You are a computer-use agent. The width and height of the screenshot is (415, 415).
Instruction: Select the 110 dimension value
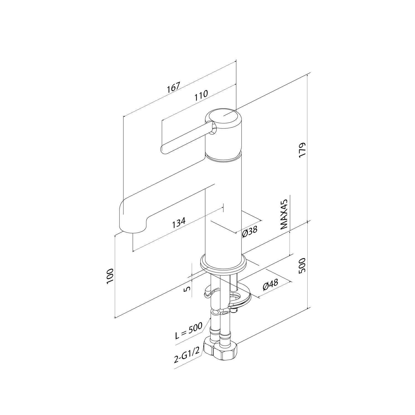tap(201, 95)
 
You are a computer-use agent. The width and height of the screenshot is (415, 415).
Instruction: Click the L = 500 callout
tap(189, 331)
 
